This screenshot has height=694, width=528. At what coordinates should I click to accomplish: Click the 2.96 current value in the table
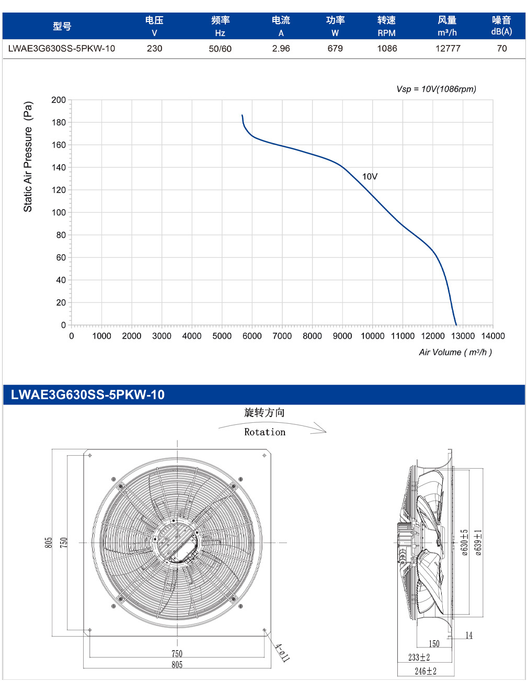[281, 49]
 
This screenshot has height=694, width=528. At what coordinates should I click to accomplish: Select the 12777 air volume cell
[447, 49]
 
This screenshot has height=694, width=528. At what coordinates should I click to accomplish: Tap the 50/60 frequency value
[220, 49]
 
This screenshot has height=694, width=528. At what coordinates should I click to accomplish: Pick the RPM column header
[386, 33]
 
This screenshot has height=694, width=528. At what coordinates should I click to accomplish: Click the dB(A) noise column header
[501, 32]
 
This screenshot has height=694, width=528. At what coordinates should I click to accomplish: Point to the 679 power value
[335, 49]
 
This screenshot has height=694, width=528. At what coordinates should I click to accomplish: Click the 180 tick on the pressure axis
[59, 122]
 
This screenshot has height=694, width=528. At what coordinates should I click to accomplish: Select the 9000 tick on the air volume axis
[342, 336]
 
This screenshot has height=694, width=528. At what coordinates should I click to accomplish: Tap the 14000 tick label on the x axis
[493, 336]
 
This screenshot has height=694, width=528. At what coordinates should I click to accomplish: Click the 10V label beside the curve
[370, 177]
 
